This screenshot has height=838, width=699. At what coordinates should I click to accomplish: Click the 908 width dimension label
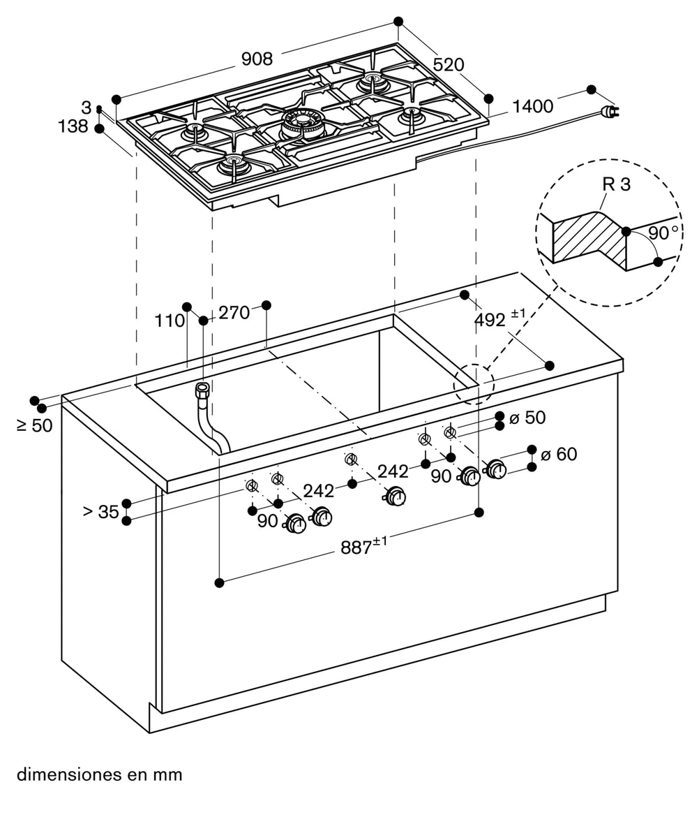257,59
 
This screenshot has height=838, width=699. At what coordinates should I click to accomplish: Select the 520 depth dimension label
448,65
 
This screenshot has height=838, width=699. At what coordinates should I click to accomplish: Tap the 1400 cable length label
532,107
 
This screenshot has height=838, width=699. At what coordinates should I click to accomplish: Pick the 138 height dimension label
73,126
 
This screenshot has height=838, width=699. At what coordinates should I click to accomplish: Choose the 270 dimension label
234,313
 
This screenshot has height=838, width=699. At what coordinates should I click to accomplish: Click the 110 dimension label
170,321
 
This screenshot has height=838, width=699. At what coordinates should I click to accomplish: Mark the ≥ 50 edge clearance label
35,425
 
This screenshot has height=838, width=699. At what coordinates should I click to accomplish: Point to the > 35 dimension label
101,512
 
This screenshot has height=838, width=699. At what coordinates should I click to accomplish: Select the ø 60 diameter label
558,455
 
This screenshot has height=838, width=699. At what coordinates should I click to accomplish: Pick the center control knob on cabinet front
395,497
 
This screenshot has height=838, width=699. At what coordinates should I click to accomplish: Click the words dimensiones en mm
99,774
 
